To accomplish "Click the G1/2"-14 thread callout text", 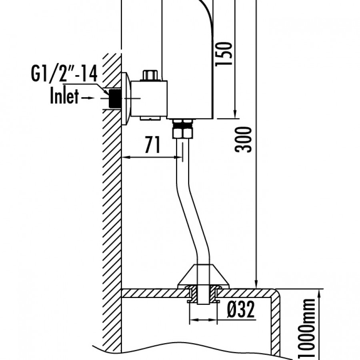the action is (x=64, y=74).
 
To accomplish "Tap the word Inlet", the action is (x=64, y=96).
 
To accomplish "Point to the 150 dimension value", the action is (x=224, y=54).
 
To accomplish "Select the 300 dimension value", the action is (x=243, y=139).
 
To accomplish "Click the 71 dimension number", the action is (x=152, y=145).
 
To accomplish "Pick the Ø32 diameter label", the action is (x=241, y=309).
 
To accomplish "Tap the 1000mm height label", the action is (x=306, y=329).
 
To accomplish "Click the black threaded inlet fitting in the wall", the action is (x=115, y=98).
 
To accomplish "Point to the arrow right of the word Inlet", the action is (x=88, y=98).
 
